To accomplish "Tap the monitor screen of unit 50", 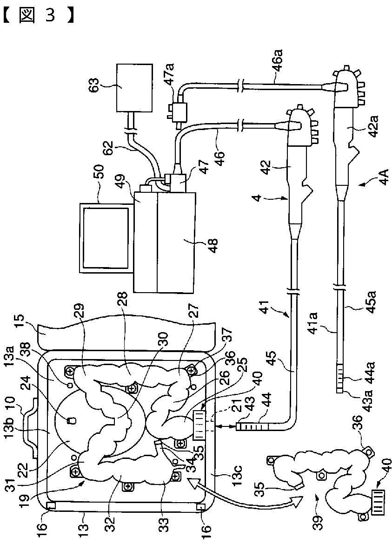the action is pyautogui.click(x=106, y=238).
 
